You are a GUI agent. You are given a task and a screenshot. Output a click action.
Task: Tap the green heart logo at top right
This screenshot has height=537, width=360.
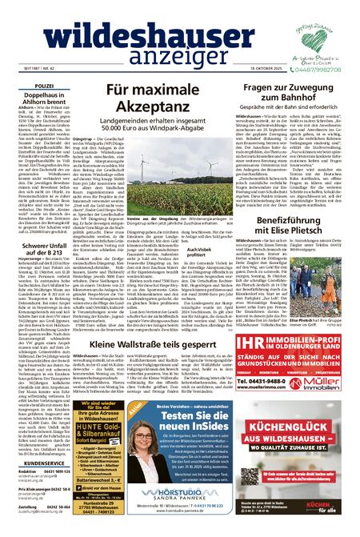tap(319, 26)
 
